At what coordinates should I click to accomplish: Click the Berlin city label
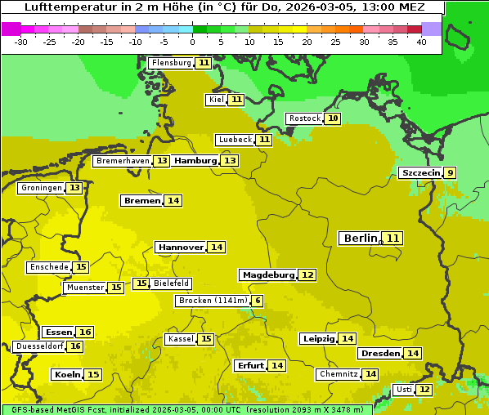pyautogui.click(x=360, y=239)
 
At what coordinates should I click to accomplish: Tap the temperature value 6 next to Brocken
pyautogui.click(x=258, y=301)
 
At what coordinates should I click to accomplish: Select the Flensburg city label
pyautogui.click(x=171, y=63)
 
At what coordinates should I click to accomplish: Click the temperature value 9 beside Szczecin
pyautogui.click(x=450, y=173)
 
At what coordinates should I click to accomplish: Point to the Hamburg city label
pyautogui.click(x=195, y=161)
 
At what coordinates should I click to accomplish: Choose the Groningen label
pyautogui.click(x=42, y=188)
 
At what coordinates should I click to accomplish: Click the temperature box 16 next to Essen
pyautogui.click(x=85, y=332)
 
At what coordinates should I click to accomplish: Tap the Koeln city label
pyautogui.click(x=66, y=375)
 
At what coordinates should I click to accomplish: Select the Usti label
pyautogui.click(x=404, y=390)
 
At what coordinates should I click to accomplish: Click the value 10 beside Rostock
pyautogui.click(x=332, y=118)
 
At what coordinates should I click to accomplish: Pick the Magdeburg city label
pyautogui.click(x=267, y=275)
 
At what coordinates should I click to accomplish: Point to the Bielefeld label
pyautogui.click(x=171, y=283)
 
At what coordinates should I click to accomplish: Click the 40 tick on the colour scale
pyautogui.click(x=421, y=42)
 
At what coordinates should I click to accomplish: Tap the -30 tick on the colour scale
pyautogui.click(x=21, y=42)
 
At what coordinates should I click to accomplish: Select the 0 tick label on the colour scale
pyautogui.click(x=192, y=42)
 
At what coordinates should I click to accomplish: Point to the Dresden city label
pyautogui.click(x=380, y=354)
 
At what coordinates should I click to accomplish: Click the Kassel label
pyautogui.click(x=180, y=339)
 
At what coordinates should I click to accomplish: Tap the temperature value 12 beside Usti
pyautogui.click(x=424, y=390)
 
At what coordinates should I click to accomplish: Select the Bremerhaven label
pyautogui.click(x=123, y=161)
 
